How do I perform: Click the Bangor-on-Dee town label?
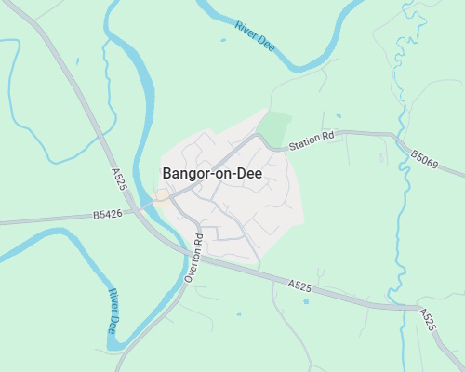point(212,173)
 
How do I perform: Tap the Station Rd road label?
point(311,140)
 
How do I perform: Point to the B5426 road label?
point(108,215)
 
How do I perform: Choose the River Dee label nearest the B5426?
point(113,312)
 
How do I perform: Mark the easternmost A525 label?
point(427,320)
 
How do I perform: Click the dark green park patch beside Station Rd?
point(273,127)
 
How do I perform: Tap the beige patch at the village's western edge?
point(162,195)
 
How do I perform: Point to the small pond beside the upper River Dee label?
point(223,40)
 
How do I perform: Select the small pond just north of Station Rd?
point(338,116)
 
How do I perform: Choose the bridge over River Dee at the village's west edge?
point(149,203)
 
